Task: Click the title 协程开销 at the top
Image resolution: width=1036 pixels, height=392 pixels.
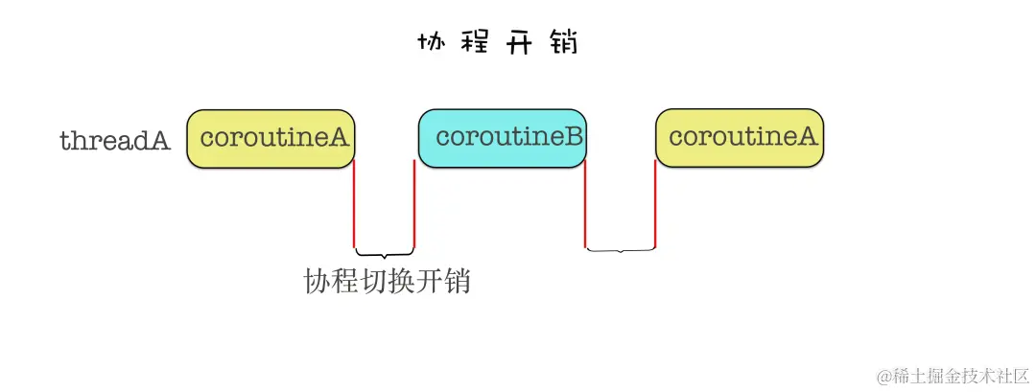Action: click(498, 44)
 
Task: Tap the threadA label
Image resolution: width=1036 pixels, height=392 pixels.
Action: click(115, 142)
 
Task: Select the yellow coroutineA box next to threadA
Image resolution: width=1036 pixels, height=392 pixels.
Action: click(271, 139)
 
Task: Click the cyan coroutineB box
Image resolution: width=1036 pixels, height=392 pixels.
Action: click(502, 137)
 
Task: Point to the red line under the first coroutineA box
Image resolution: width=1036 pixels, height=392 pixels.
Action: click(355, 203)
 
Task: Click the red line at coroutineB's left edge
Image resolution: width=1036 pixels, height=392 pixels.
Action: click(414, 203)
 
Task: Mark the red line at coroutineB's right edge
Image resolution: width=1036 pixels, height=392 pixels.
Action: click(585, 203)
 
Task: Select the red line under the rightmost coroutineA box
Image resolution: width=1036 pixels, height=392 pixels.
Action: click(655, 203)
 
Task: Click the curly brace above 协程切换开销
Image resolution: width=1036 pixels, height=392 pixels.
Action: click(385, 254)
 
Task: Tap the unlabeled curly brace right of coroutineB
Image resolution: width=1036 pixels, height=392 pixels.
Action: click(621, 250)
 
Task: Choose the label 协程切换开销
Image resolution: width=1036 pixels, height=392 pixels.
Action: click(388, 283)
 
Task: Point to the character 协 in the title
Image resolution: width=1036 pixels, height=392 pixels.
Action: click(433, 44)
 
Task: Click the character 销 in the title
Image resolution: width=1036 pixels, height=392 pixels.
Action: click(563, 44)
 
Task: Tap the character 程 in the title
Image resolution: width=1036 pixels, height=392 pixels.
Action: click(476, 44)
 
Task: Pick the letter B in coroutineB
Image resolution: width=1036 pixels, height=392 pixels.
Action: click(573, 136)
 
